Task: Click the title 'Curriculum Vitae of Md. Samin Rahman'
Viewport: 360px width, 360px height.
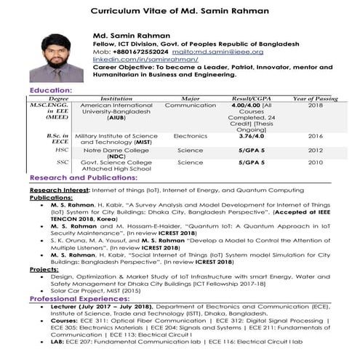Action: tap(180, 11)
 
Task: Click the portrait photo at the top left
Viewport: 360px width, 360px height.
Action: tap(55, 56)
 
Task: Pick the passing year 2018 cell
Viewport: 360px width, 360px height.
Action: tap(315, 105)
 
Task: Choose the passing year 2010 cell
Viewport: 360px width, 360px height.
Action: tap(315, 162)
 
